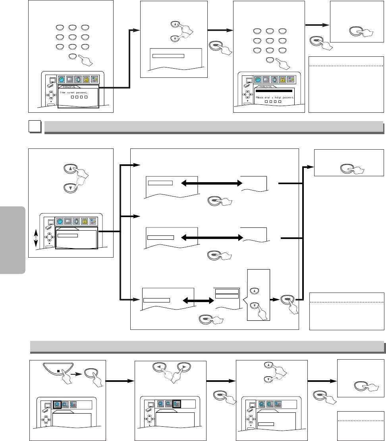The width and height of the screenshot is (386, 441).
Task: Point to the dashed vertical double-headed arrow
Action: coord(36,241)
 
